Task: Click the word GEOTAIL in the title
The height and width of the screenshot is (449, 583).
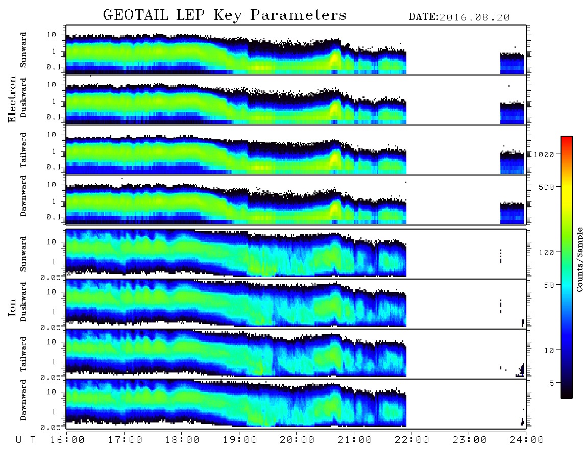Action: point(136,15)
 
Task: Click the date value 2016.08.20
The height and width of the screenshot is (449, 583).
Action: point(474,17)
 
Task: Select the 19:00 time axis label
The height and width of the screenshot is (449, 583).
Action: point(239,440)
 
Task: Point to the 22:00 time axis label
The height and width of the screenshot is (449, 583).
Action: point(411,440)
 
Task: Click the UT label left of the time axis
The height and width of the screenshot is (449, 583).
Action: point(26,440)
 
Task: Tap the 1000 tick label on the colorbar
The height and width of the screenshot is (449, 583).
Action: point(544,154)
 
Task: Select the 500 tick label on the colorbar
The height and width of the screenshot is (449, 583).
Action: point(546,187)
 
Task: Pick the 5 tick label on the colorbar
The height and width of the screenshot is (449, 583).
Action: point(551,383)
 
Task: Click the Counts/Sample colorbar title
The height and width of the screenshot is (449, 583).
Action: point(579,259)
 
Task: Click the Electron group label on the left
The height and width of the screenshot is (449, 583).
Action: point(12,99)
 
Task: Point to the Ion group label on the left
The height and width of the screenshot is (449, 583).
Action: point(12,308)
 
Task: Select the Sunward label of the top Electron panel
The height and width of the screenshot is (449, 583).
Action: point(23,50)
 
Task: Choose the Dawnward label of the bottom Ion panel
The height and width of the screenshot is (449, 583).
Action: point(23,400)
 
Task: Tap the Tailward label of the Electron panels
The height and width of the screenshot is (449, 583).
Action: point(23,150)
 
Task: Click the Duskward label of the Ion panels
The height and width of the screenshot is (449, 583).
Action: point(23,302)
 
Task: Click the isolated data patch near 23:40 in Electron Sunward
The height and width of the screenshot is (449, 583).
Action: point(512,63)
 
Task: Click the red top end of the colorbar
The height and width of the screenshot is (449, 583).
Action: point(566,138)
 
